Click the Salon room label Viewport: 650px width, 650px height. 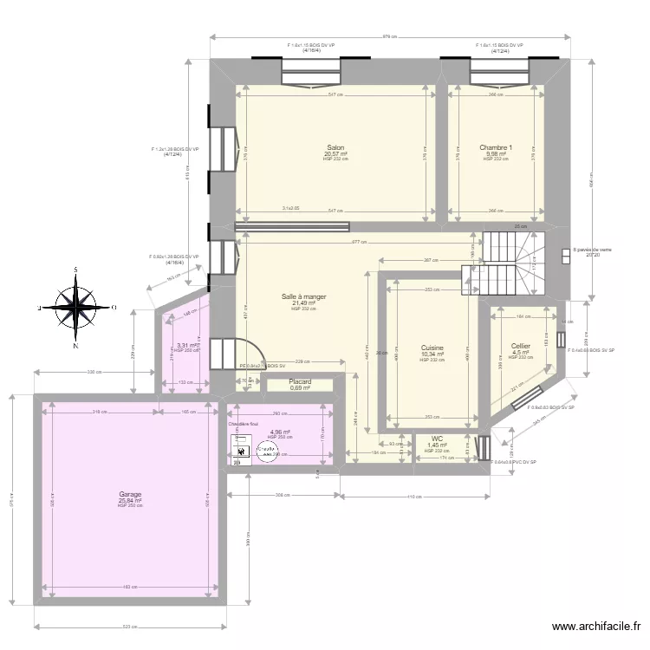335,147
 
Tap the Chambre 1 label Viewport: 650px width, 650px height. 496,147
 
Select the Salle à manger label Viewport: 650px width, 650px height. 303,296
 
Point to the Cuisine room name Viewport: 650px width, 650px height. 432,347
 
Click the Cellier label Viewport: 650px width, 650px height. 521,346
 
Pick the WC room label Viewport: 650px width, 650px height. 437,439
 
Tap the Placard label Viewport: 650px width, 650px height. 301,380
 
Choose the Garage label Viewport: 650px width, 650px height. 131,494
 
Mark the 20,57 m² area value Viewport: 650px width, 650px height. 335,153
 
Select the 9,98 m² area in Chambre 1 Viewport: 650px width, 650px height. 496,153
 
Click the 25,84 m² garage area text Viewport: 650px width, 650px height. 131,500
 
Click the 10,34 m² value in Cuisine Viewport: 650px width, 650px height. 432,354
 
